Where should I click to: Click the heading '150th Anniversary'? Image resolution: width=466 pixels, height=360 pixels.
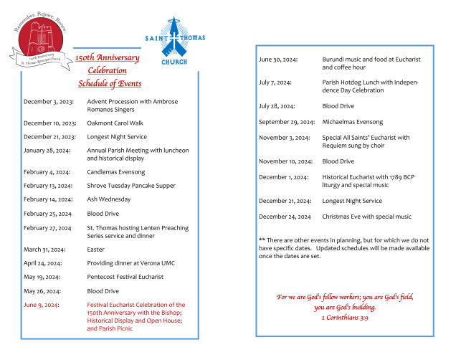pos(108,57)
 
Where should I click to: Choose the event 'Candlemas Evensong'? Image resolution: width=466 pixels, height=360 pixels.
pos(116,172)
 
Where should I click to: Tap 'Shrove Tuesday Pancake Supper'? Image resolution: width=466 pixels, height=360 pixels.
pos(131,185)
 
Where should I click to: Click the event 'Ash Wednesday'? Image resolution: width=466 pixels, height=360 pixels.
pos(109,199)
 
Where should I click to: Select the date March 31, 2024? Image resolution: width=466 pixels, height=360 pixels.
pos(43,249)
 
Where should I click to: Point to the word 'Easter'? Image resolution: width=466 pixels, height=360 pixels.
pos(96,249)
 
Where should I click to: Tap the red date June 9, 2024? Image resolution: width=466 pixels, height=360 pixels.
pos(42,305)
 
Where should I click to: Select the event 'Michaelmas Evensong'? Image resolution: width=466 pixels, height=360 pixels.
pos(353,122)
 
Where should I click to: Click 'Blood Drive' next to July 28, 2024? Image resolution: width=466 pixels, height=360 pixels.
pos(338,106)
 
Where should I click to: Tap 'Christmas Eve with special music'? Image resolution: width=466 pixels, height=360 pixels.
pos(367,217)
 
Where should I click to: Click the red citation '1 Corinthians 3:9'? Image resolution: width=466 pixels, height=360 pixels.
pos(345,317)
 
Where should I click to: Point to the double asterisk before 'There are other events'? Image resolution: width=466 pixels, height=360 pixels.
pos(262,239)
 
